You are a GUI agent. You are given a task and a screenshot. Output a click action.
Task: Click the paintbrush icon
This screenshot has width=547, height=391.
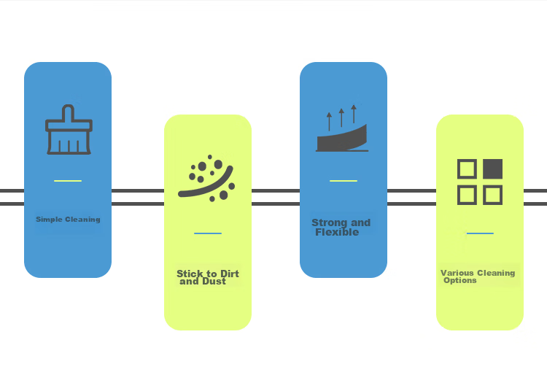pos(69,129)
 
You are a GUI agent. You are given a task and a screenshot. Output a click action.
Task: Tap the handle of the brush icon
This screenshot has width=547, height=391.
pos(68,112)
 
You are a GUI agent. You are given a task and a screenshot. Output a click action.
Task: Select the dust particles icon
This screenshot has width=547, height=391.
pos(206,178)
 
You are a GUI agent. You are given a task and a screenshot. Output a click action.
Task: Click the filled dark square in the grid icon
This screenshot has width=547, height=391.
pos(492,169)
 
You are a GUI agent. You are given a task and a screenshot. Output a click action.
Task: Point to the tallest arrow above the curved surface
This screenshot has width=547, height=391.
pos(354,114)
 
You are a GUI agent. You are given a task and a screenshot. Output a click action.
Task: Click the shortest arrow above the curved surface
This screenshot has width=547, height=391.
pos(329,121)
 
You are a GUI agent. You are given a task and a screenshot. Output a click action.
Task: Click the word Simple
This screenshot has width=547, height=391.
pos(49,220)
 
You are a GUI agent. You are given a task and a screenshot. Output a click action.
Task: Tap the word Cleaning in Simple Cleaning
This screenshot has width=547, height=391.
pos(82,220)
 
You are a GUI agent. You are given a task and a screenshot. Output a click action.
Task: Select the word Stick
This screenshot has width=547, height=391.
pos(190,274)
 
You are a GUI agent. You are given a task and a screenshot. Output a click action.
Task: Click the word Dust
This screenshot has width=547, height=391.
pos(214,281)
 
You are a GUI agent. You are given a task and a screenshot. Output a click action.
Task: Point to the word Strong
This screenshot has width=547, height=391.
pos(330,223)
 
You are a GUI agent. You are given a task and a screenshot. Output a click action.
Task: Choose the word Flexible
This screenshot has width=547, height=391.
pos(337,232)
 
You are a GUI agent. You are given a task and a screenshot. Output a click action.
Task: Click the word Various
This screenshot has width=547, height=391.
pos(457,273)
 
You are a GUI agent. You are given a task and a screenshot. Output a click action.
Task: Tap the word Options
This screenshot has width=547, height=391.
pos(459,280)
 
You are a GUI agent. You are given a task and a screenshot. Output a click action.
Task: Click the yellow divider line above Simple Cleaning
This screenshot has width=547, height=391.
pos(68,181)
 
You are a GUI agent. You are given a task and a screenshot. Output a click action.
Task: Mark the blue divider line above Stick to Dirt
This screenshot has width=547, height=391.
pos(208,233)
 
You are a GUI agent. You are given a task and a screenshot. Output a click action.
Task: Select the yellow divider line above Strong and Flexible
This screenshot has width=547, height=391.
pos(344,181)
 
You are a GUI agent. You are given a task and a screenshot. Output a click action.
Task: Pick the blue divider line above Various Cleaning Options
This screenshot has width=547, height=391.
pos(480,233)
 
